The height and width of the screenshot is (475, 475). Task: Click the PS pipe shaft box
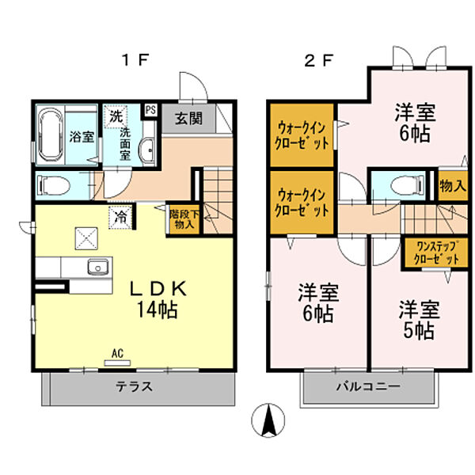(x=150, y=110)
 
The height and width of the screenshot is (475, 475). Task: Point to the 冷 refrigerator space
(x=121, y=215)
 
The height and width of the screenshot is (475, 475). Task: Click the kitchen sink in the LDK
(x=98, y=267)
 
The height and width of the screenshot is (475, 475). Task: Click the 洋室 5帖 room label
(x=416, y=319)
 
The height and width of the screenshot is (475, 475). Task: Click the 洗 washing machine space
(x=116, y=115)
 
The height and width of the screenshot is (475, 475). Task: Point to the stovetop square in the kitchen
(x=84, y=236)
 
